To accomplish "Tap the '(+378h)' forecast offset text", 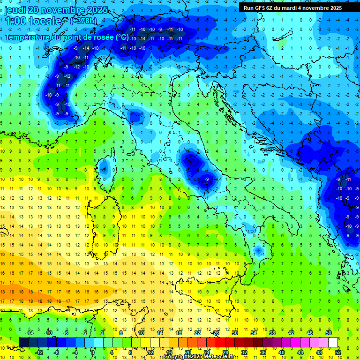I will (x=83, y=21).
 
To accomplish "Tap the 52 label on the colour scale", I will (x=337, y=352).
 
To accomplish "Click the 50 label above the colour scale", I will (x=329, y=333).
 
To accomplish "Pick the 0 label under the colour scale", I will (x=93, y=352).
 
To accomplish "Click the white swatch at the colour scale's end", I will (x=333, y=343).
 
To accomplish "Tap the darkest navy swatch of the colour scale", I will (x=23, y=343).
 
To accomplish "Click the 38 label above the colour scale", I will (x=272, y=333).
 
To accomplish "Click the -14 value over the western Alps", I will (x=86, y=48).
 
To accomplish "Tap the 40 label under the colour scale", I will (x=281, y=352).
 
